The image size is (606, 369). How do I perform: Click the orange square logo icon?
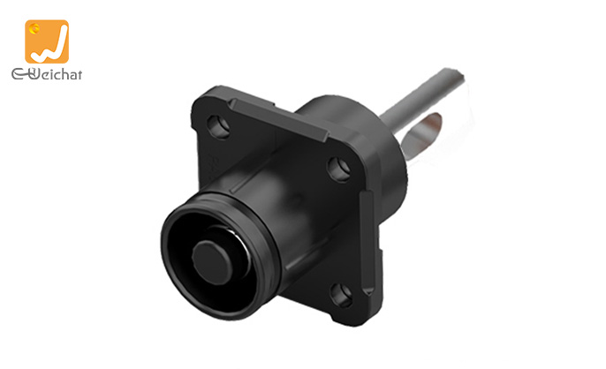(x=47, y=41)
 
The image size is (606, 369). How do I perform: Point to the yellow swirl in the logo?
(x=34, y=28)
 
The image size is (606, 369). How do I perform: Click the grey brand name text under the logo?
(x=47, y=73)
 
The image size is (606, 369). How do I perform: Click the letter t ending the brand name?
(x=79, y=74)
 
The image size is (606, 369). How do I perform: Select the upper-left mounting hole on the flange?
(x=218, y=127)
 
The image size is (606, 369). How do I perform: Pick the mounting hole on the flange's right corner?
(x=339, y=169)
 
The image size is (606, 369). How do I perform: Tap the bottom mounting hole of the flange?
(x=341, y=295)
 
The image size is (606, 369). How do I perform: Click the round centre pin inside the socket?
(x=211, y=262)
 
